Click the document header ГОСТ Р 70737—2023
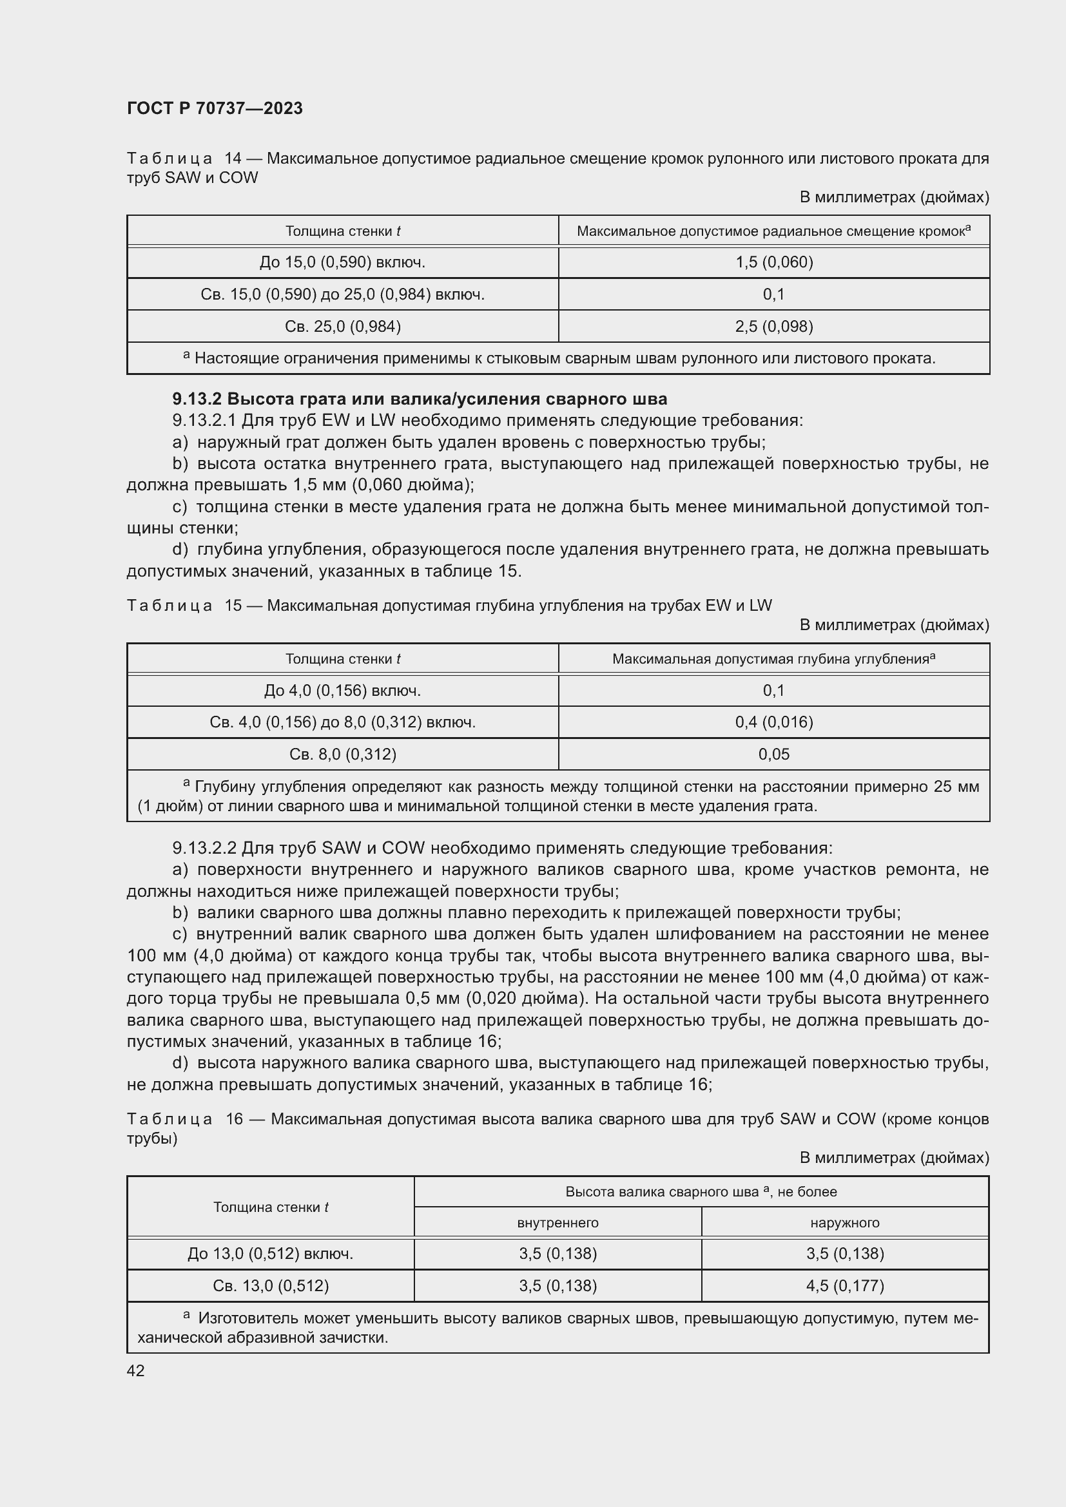215,108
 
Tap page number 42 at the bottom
136,1370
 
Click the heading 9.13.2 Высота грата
420,398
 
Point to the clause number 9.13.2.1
204,420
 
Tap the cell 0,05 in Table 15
773,754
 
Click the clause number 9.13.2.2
204,848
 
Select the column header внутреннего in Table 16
557,1222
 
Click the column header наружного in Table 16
844,1222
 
